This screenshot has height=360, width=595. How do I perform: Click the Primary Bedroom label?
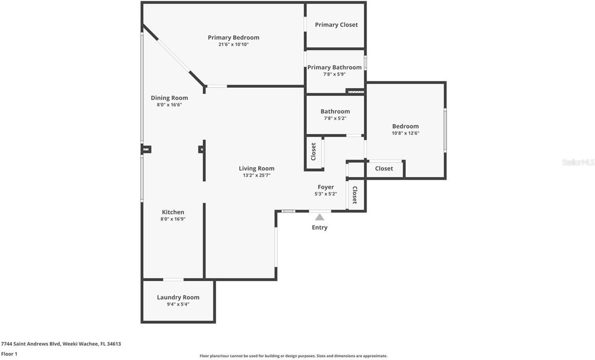233,38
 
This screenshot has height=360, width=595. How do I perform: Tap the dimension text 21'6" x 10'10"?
233,45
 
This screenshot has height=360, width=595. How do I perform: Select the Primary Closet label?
336,25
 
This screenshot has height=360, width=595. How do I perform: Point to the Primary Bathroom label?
334,67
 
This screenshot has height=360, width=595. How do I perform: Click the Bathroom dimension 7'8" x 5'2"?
335,118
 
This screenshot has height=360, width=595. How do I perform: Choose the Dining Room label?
169,98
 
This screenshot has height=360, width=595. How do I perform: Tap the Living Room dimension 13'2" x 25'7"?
257,176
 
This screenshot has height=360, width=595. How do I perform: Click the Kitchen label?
173,212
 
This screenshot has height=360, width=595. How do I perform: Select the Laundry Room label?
178,297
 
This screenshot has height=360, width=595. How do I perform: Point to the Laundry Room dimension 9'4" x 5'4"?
178,304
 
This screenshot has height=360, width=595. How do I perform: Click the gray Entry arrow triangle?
320,217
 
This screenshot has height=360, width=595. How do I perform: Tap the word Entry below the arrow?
320,228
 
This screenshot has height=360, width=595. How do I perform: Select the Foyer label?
325,187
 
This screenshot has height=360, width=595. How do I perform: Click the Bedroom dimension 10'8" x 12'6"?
405,133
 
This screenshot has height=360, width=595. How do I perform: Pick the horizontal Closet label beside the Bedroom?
384,169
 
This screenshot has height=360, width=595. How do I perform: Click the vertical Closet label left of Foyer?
314,152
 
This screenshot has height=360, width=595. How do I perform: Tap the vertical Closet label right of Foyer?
355,195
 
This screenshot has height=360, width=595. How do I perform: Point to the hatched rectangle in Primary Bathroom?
356,92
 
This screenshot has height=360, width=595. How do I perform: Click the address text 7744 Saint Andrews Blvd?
37,344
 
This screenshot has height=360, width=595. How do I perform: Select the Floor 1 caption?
9,354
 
